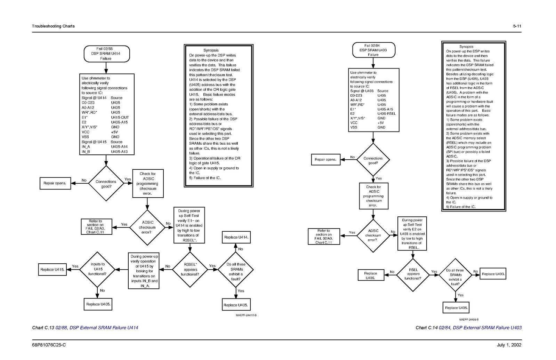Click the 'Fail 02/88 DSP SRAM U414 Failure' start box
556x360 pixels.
(107, 54)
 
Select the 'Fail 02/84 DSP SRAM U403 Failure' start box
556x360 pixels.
(373, 50)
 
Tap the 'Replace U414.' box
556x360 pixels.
(236, 237)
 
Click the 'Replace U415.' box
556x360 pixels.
(52, 270)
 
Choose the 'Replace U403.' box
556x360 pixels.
(493, 274)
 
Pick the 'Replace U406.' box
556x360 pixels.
(370, 275)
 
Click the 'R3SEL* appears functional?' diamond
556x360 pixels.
(190, 270)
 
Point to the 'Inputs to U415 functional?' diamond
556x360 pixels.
(98, 269)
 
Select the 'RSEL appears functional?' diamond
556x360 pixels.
(413, 274)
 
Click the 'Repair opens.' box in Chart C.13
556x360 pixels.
(55, 183)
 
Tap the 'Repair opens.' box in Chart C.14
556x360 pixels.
(325, 160)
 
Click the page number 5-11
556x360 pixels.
(517, 26)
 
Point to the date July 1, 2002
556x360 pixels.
(509, 345)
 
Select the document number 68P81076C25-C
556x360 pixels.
(49, 345)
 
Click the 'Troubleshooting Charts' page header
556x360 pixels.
(53, 26)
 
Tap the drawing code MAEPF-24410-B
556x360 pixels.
(246, 315)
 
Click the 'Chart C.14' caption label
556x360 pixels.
(426, 328)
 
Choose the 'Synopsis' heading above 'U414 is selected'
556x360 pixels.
(211, 50)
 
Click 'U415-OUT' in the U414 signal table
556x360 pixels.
(120, 118)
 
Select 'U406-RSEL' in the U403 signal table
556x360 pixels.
(387, 114)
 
